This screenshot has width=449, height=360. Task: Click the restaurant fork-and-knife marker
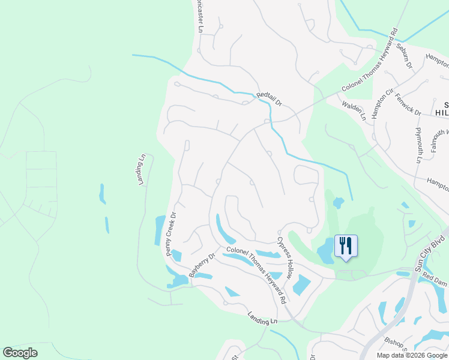[346, 245]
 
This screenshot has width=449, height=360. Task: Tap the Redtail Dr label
[268, 99]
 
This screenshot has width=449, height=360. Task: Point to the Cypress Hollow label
[285, 259]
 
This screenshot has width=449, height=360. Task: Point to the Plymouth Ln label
[418, 145]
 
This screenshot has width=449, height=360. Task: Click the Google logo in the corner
[20, 353]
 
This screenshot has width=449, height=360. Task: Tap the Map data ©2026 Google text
[412, 355]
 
